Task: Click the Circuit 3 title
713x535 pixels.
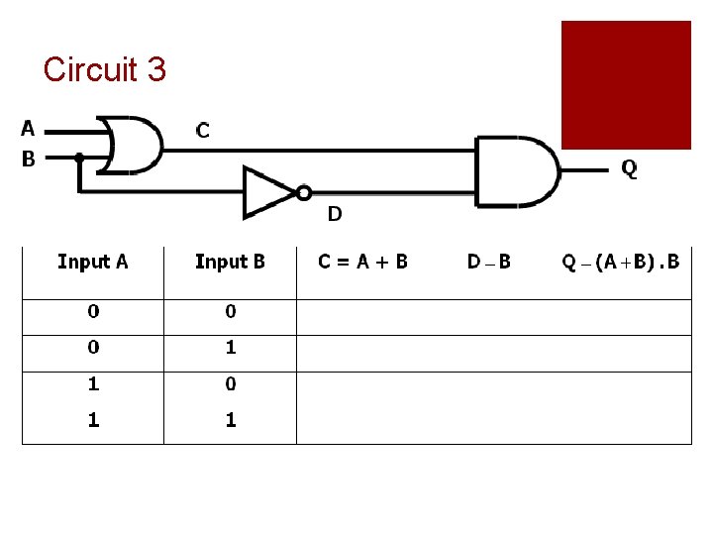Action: (105, 69)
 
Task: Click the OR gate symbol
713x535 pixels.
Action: (135, 145)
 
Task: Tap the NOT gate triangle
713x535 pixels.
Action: (269, 192)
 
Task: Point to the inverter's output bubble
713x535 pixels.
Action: (304, 192)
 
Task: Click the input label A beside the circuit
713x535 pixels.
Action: (28, 128)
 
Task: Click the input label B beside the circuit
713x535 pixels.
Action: (28, 158)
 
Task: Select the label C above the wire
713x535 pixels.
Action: (202, 130)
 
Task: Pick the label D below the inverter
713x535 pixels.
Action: (335, 213)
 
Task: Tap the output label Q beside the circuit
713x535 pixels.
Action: (629, 168)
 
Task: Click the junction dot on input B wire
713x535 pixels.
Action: (79, 157)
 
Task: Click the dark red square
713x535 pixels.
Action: (626, 85)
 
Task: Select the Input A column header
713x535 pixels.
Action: (93, 262)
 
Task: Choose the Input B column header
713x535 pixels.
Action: (230, 262)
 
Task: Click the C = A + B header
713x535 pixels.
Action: (362, 262)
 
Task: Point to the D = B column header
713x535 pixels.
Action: (489, 262)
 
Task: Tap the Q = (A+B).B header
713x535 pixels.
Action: (621, 262)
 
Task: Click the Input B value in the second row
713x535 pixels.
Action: (231, 348)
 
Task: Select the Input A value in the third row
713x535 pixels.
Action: (93, 383)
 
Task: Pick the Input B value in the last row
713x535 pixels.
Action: (231, 420)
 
